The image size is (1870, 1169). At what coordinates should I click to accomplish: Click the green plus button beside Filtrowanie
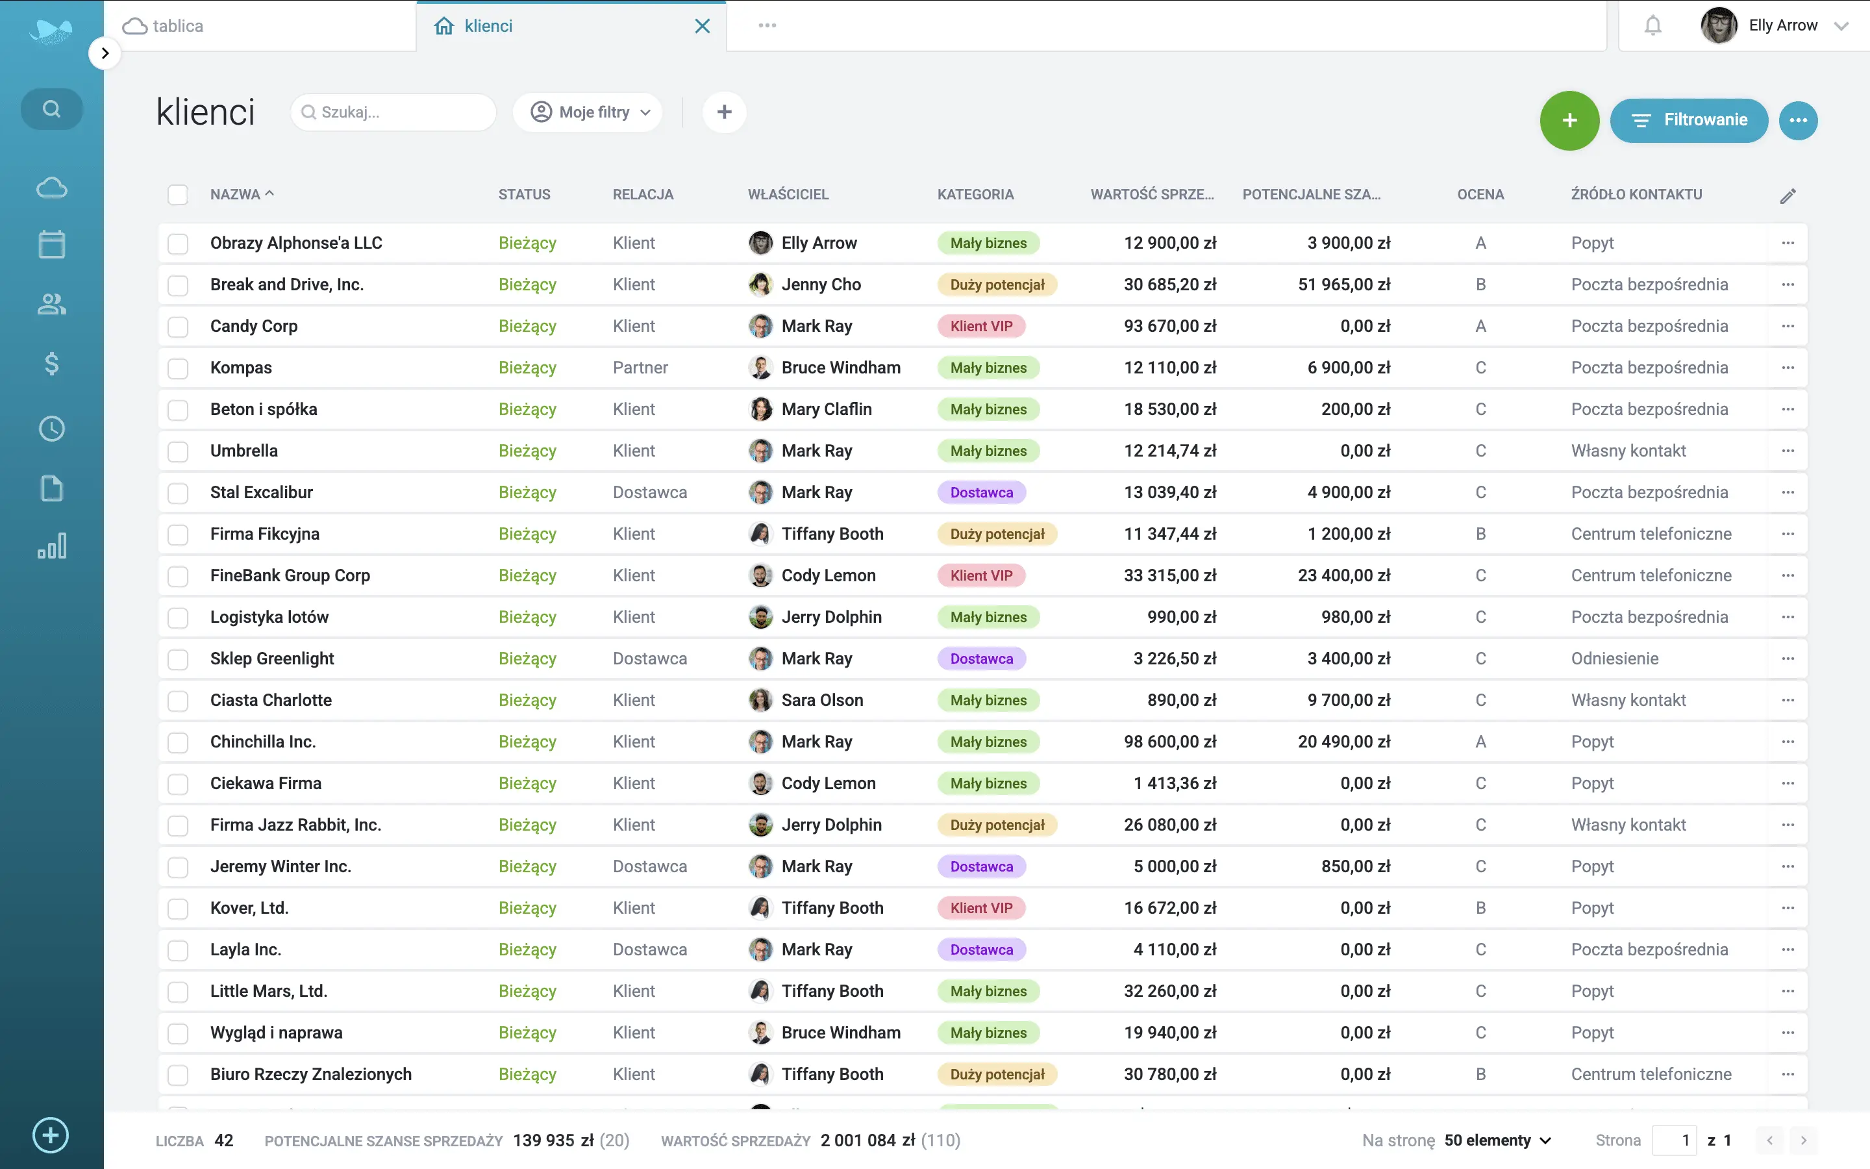click(1569, 120)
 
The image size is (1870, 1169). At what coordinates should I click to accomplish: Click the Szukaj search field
click(393, 112)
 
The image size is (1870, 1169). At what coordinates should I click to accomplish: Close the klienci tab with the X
click(703, 26)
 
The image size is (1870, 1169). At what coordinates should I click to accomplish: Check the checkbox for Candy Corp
click(178, 326)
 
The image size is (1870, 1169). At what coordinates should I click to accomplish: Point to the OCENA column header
click(1480, 194)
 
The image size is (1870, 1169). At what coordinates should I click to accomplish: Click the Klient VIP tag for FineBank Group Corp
click(981, 575)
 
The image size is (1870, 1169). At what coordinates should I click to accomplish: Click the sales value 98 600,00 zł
click(1170, 742)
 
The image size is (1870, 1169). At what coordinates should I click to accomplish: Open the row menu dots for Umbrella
click(1788, 451)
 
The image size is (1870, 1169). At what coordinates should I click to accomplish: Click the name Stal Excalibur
click(261, 492)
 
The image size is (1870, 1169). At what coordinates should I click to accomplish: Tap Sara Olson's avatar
click(760, 701)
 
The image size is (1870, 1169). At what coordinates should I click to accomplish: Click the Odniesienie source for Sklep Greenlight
click(1614, 659)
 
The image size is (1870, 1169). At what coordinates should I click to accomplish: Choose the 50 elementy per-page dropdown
click(1497, 1140)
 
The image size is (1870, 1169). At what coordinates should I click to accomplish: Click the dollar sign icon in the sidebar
click(52, 364)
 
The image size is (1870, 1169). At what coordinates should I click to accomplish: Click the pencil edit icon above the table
click(1788, 195)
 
